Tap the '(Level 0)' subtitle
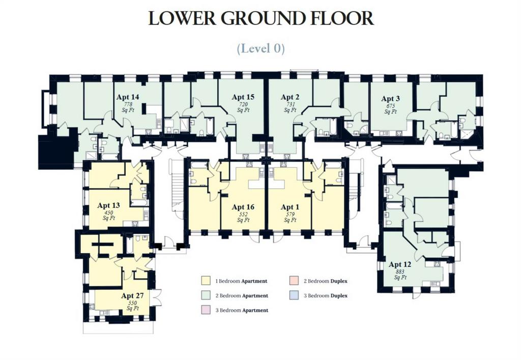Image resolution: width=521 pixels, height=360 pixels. [261, 48]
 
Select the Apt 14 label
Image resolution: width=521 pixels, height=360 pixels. [128, 97]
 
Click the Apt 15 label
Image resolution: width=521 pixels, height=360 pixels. [243, 97]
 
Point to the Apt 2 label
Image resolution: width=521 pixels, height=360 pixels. [290, 97]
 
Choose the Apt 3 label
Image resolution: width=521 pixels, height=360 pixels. [390, 99]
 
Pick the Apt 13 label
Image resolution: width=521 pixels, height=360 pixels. [109, 205]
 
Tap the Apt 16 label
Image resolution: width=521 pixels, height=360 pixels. [243, 207]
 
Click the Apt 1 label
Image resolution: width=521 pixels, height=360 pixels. [290, 207]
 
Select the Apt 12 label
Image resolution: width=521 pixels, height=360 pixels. [400, 264]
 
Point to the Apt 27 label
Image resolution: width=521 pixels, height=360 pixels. [132, 295]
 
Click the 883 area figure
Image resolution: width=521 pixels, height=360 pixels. [400, 272]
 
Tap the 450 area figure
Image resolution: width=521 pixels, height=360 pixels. [109, 213]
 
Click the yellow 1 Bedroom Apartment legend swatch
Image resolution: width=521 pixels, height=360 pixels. [206, 281]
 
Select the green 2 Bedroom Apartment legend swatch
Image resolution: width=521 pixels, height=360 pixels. [206, 295]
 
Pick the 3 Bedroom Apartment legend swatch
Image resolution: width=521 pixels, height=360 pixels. [206, 310]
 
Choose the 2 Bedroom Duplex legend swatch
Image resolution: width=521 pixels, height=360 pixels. [294, 281]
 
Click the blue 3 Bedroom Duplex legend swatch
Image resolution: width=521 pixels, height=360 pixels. [294, 295]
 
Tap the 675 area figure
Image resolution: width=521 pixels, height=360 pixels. [390, 106]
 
